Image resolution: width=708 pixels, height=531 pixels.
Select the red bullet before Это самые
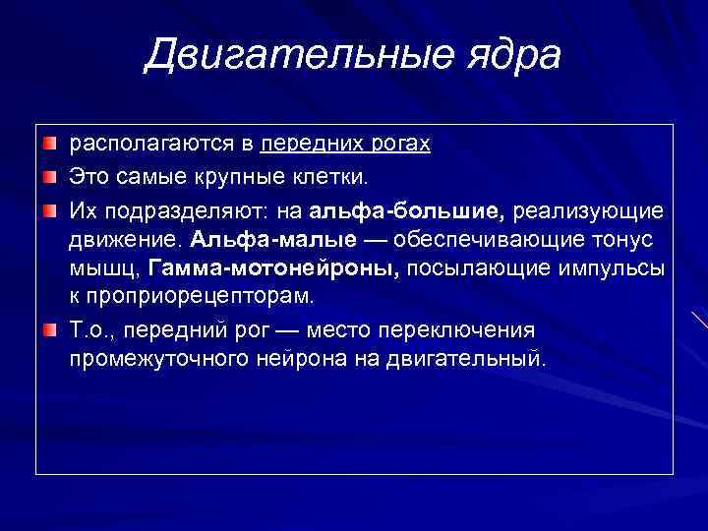coord(49,179)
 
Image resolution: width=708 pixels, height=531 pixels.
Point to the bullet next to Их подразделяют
coord(49,210)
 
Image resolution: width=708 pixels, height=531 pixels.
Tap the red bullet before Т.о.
coord(49,328)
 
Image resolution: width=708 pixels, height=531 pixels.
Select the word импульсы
coord(615,269)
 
